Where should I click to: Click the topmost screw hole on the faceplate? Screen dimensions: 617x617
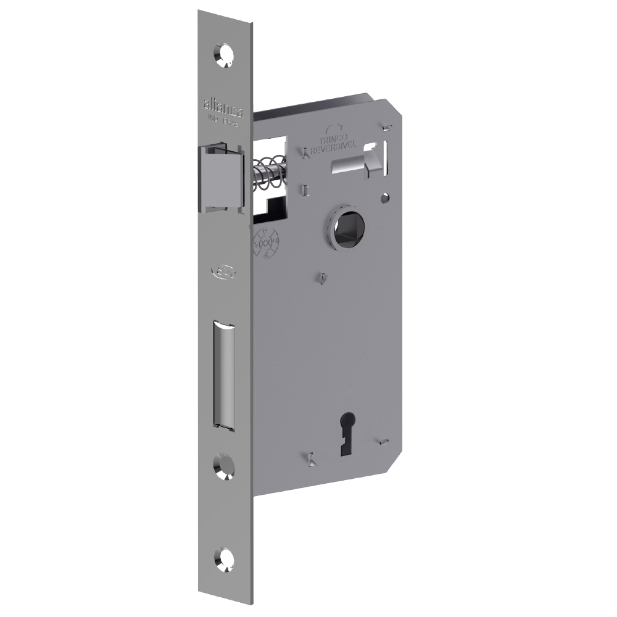coord(224,54)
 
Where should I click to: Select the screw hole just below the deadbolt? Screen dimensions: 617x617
coord(223,466)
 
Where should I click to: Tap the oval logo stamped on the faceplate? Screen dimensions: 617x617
coord(220,270)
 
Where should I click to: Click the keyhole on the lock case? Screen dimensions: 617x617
coord(341,439)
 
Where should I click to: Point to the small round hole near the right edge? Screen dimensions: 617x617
coord(386,198)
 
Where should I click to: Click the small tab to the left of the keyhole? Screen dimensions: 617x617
coord(312,458)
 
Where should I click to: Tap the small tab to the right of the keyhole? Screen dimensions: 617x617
coord(384,441)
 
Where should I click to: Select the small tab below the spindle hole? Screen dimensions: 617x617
coord(322,279)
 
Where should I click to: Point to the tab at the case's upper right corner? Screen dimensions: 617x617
coord(387,128)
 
